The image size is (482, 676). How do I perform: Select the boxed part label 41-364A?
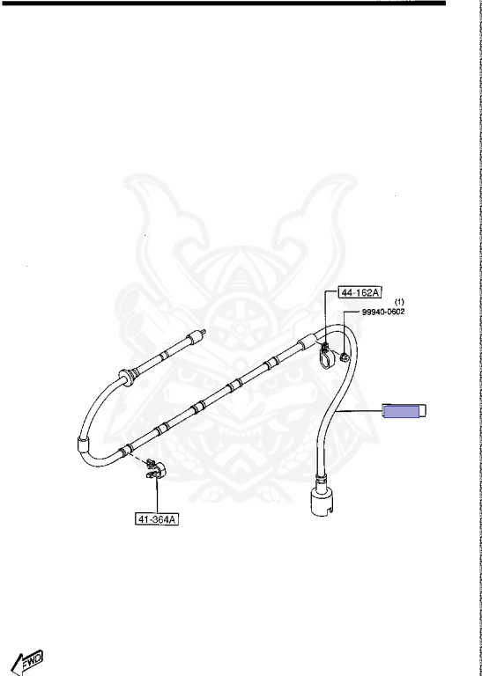(x=157, y=519)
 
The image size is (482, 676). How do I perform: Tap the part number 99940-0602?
(x=383, y=312)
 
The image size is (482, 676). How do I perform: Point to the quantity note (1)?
(x=399, y=302)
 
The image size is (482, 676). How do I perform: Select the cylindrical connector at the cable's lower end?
(x=322, y=500)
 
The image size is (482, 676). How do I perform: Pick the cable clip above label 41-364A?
(x=155, y=470)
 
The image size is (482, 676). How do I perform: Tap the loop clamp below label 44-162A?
(x=327, y=356)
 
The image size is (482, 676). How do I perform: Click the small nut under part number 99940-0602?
(x=345, y=357)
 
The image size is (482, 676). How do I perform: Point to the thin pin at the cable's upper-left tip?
(x=202, y=333)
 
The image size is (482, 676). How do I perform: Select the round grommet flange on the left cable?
(x=127, y=377)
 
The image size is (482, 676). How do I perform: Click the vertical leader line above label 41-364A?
(x=157, y=497)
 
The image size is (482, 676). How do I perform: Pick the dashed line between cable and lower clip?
(x=138, y=459)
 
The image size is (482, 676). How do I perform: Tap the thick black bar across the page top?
(x=224, y=3)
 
